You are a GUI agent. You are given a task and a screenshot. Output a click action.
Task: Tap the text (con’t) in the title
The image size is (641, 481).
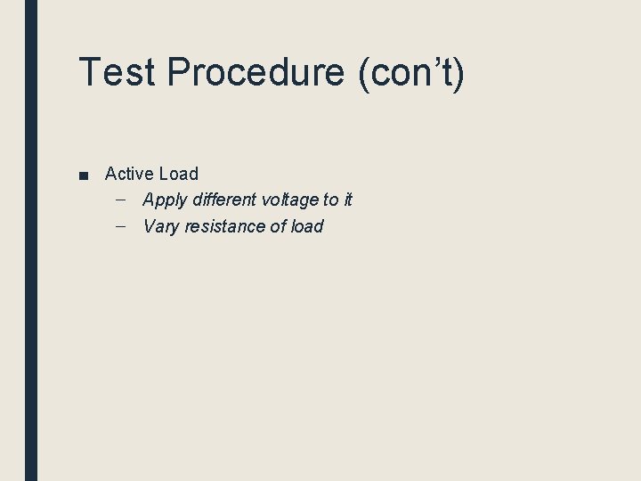pos(412,72)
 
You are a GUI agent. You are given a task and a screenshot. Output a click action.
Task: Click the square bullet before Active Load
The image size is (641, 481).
pos(83,175)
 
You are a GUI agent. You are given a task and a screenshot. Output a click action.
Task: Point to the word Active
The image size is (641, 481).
pos(129,174)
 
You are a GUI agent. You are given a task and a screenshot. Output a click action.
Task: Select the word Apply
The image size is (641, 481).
pos(165,200)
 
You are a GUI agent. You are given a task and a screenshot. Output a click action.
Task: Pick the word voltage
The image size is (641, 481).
pos(293,200)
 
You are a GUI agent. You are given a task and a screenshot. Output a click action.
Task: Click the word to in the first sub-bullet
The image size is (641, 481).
pos(331,200)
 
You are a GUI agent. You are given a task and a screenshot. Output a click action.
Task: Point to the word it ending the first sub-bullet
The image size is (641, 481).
pos(348,200)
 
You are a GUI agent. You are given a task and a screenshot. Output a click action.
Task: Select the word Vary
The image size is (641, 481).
pos(161,227)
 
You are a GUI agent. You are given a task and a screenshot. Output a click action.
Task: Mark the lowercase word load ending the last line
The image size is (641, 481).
pos(307,226)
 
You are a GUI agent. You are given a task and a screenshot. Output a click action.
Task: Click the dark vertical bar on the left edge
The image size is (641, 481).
pos(31,240)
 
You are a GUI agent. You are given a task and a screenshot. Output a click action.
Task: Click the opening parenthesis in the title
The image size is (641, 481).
pos(364,73)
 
